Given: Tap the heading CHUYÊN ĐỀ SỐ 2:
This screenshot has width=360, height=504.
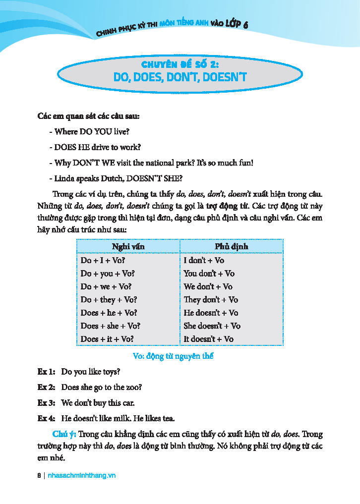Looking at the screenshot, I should click(180, 64).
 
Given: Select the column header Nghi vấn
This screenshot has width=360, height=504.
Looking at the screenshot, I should click(128, 246).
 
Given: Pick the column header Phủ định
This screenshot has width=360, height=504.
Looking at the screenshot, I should click(231, 246).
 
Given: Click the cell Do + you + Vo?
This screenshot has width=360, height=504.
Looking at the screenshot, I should click(108, 273).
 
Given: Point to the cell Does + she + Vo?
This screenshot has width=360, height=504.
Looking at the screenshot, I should click(110, 326).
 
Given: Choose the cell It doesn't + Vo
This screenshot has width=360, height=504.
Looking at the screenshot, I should click(208, 339).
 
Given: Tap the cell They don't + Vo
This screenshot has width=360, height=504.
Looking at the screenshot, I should click(211, 299).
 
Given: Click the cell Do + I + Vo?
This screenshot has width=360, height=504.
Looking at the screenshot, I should click(103, 260).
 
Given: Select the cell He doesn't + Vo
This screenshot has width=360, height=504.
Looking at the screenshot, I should click(211, 313).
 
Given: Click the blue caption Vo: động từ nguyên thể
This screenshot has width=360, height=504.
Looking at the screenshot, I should click(174, 356).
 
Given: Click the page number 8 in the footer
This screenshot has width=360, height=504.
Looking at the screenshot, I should click(39, 475).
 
